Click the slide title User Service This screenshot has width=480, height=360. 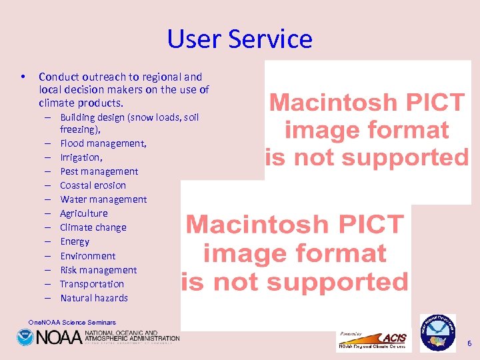(239, 39)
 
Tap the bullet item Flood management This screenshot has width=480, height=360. (103, 143)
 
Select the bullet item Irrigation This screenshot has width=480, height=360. (81, 157)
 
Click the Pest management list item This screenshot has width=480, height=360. (99, 171)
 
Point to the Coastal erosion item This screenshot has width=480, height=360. (93, 185)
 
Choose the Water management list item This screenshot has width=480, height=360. (103, 199)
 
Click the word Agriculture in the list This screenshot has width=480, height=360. (83, 213)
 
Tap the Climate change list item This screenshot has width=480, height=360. (93, 227)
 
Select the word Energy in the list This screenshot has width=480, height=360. (75, 241)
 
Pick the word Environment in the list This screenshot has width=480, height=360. (87, 256)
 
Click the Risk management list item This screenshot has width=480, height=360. (98, 270)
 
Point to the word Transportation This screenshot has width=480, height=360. (92, 284)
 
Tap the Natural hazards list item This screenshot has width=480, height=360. (94, 298)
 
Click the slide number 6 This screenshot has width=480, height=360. (469, 343)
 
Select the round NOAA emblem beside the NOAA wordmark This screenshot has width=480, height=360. (25, 338)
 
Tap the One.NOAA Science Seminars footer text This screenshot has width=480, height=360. (72, 323)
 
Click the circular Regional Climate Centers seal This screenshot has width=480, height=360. (437, 332)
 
